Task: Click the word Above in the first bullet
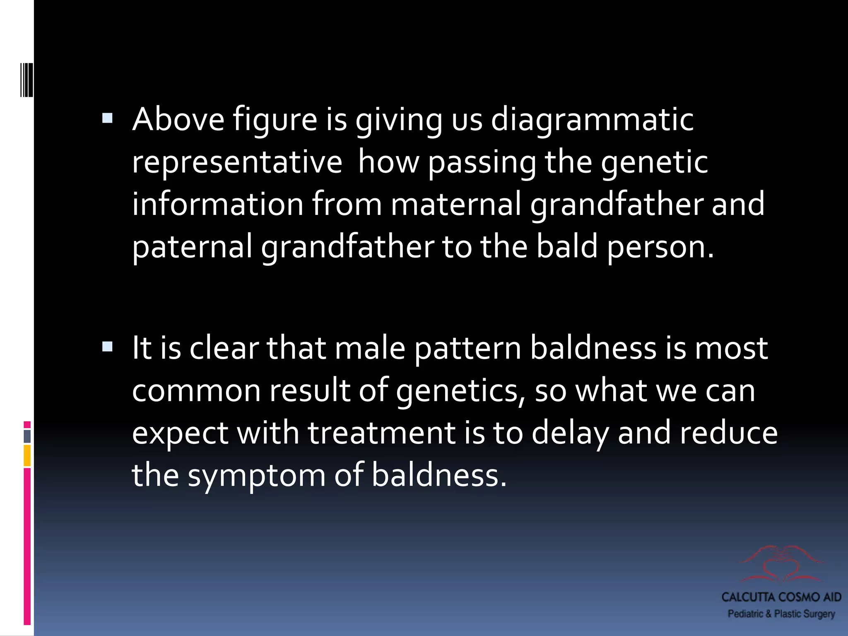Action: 178,119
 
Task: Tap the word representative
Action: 237,163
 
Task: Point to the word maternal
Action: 456,204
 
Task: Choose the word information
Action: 218,204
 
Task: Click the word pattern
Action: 468,348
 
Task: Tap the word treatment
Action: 381,433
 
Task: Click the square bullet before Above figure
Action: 107,119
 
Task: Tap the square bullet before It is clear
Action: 107,347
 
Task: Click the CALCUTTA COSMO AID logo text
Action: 781,597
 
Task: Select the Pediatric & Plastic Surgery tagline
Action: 781,614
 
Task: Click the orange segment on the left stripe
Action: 27,455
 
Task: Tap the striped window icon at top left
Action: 26,80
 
